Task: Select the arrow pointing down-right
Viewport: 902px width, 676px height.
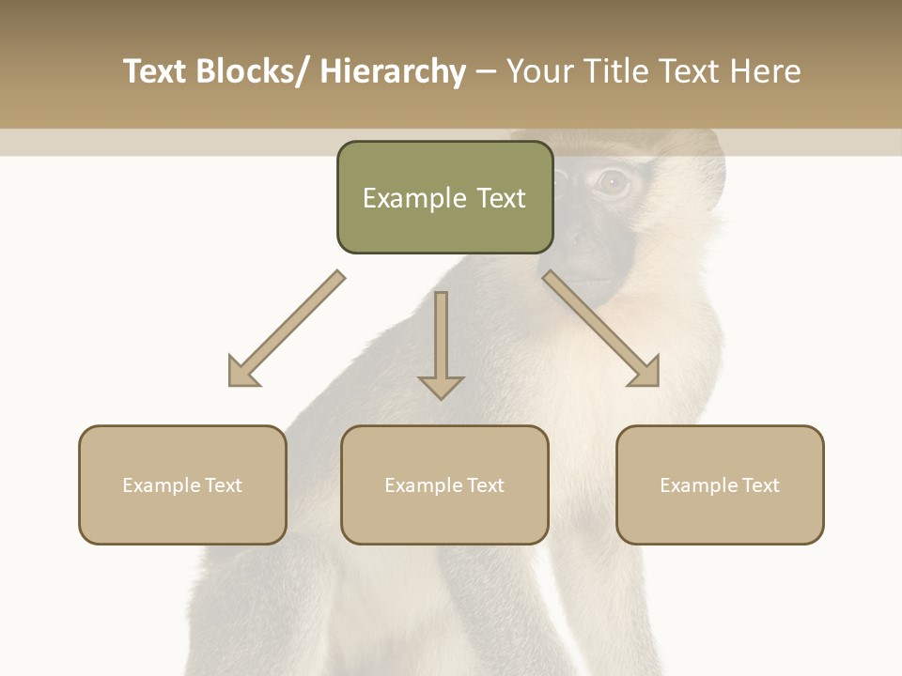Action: click(x=601, y=329)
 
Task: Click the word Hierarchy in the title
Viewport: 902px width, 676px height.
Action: click(x=393, y=71)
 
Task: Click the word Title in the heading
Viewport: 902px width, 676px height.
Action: click(x=617, y=71)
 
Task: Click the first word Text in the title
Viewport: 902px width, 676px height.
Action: click(x=155, y=71)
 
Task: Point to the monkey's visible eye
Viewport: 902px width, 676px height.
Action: click(x=612, y=181)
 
